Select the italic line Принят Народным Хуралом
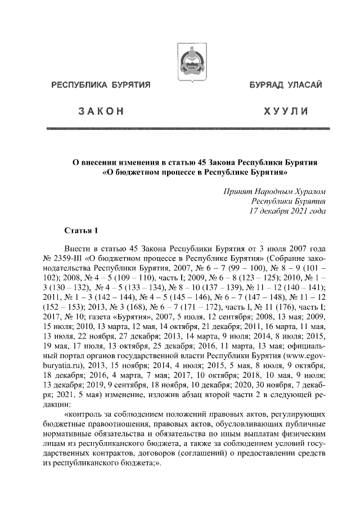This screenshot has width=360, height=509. [275, 192]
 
